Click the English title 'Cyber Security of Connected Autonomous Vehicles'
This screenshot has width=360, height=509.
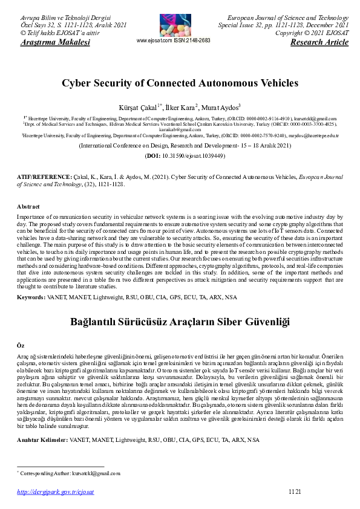point(180,83)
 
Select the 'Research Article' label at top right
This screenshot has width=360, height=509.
point(319,42)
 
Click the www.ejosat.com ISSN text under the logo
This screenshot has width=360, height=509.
point(174,40)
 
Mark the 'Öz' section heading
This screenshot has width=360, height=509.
point(20,345)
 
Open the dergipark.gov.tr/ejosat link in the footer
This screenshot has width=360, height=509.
point(56,493)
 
